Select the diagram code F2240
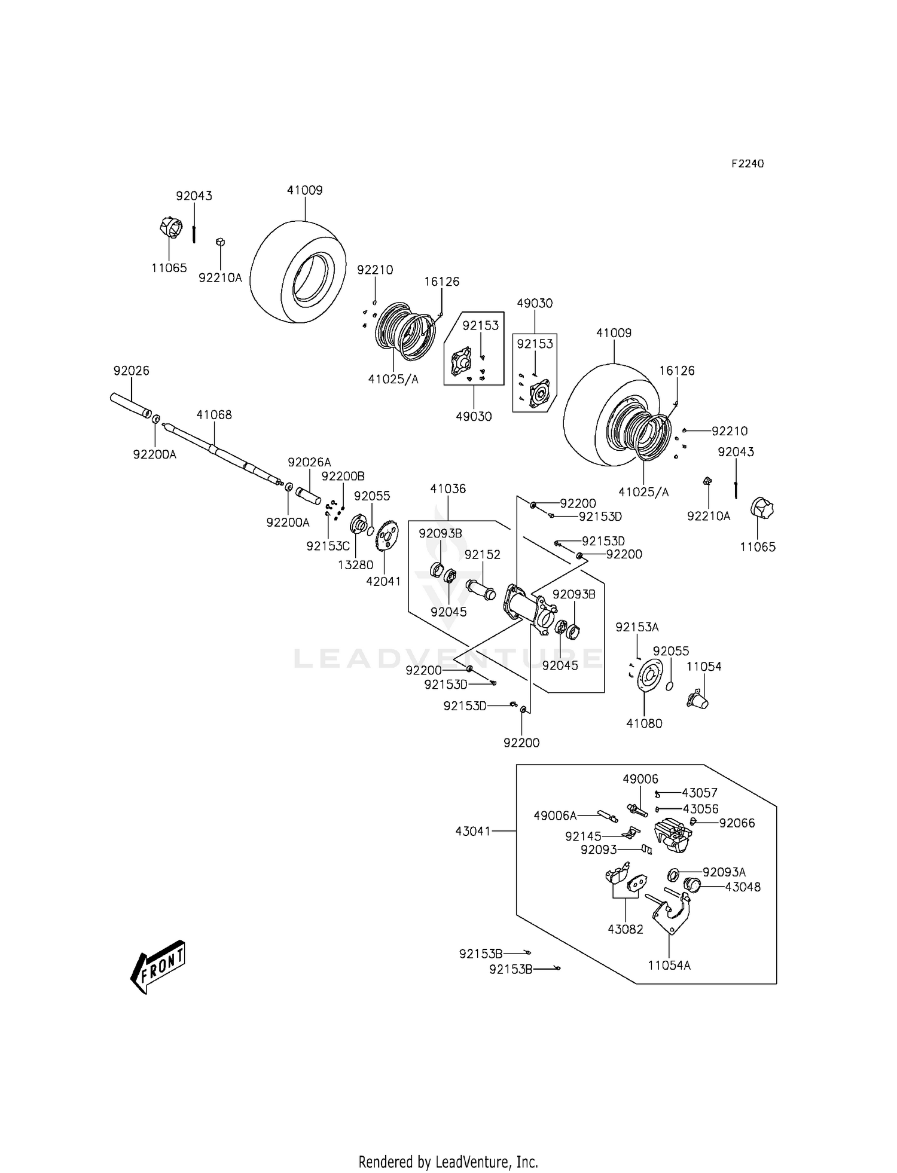point(747,163)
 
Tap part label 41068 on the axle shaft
point(214,414)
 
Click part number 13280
point(355,564)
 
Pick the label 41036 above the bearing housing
point(448,488)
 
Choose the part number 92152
point(483,554)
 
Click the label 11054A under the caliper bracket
point(669,965)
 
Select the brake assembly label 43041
point(472,830)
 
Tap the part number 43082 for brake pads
point(626,929)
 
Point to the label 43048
point(743,887)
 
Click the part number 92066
point(737,823)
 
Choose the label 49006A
point(555,815)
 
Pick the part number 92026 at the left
point(132,371)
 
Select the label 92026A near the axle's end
point(309,462)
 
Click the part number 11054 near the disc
point(704,666)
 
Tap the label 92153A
point(637,627)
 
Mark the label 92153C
point(328,546)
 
